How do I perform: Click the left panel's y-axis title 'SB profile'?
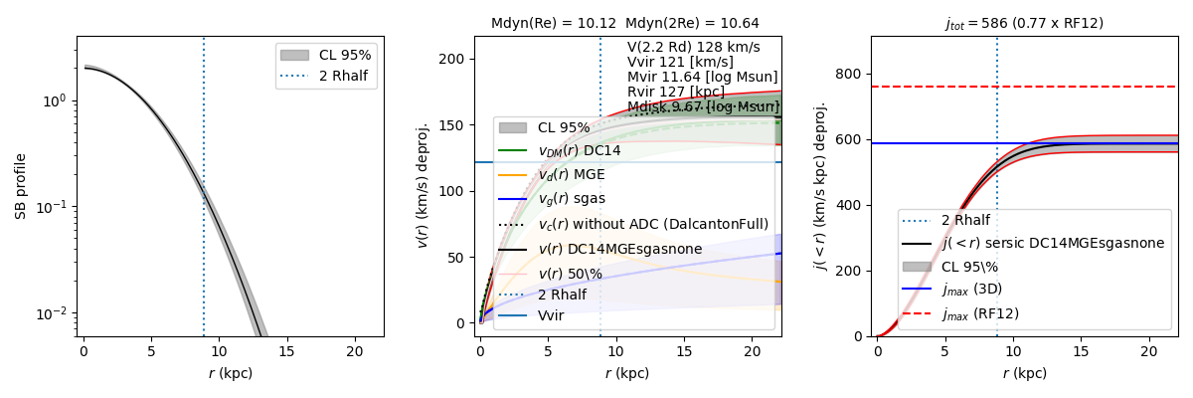20,186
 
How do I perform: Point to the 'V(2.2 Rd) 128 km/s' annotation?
693,47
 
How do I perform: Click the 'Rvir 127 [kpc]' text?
677,92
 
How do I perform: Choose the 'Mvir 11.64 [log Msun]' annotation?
702,77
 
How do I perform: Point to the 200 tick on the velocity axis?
458,59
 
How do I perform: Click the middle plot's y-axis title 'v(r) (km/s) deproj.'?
423,186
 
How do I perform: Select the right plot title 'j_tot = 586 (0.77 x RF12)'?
1024,23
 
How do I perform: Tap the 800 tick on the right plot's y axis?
848,73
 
